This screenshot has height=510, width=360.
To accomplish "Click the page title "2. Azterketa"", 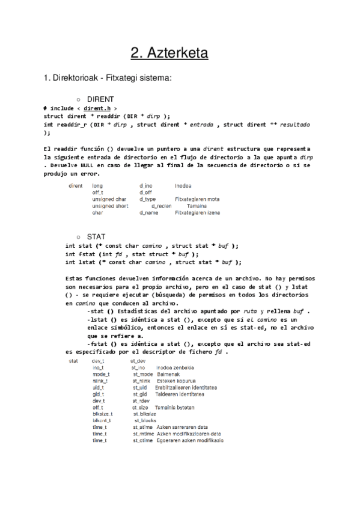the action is [169, 54].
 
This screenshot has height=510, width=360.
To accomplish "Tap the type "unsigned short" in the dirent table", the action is [110, 206].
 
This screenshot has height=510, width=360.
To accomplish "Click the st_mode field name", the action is [142, 374].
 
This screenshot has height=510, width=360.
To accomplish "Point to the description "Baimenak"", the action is [169, 374].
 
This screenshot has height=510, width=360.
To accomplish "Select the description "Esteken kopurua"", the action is [177, 381].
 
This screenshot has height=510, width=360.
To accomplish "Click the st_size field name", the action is [141, 407].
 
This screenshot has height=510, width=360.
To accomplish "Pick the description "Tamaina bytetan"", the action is [174, 407].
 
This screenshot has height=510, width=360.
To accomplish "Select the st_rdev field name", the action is [141, 401].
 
